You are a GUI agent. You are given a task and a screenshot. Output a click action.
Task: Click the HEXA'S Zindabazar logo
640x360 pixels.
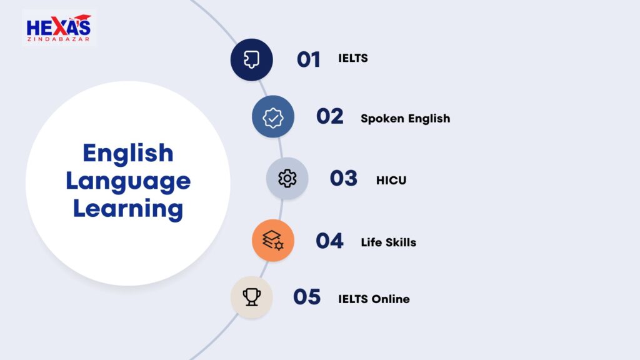click(59, 27)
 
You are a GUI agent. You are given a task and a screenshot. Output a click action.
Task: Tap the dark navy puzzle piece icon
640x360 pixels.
click(251, 59)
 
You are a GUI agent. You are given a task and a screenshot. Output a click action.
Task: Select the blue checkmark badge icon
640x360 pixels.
click(273, 117)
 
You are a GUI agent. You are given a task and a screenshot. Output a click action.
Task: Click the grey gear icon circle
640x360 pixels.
click(287, 178)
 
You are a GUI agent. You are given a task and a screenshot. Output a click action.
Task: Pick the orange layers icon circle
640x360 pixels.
click(273, 241)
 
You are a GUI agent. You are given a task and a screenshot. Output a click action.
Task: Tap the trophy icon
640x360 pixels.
click(251, 297)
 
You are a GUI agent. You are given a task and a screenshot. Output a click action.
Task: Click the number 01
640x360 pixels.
click(309, 59)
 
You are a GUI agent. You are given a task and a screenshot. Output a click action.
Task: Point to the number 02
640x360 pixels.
click(330, 116)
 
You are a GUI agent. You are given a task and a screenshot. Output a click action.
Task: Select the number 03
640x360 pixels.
click(344, 178)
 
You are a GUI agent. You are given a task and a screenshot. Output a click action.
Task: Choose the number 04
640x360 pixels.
click(330, 241)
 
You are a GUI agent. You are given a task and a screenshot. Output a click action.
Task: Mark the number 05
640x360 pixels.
click(307, 297)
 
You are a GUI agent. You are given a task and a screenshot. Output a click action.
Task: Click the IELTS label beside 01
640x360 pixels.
click(353, 58)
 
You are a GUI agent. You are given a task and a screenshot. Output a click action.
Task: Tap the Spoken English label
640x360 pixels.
click(405, 119)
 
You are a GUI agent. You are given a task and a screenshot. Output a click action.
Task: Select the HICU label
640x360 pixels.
click(391, 181)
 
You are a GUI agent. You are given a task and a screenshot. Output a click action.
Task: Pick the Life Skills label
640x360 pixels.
click(389, 242)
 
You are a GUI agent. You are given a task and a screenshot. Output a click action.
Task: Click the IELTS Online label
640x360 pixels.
click(374, 299)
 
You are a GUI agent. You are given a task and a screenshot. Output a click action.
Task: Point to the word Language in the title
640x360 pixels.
click(128, 182)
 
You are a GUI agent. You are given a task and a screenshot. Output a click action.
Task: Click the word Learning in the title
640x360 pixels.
click(128, 209)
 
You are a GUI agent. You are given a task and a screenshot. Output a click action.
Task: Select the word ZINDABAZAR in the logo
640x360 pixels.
click(58, 39)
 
